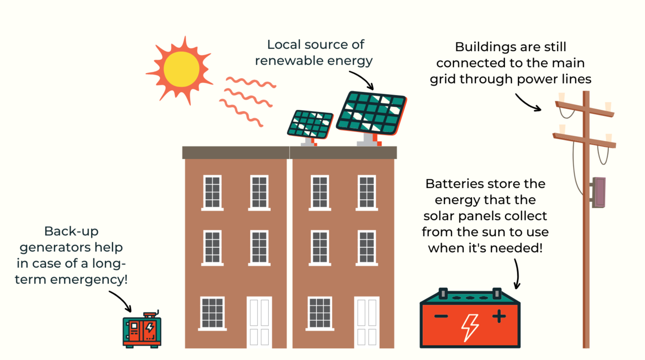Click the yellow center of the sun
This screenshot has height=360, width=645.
tap(181, 69)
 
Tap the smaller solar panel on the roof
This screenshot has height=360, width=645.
tap(310, 124)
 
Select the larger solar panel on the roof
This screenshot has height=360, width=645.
tap(371, 113)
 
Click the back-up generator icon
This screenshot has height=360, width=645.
tap(142, 330)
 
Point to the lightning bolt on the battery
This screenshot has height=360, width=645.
tap(470, 327)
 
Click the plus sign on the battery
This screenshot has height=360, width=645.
tap(499, 316)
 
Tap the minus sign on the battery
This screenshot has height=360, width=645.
tap(441, 316)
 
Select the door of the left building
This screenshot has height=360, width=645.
tap(259, 322)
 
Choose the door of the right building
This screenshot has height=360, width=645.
tap(366, 322)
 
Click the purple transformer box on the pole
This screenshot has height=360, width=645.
tap(599, 192)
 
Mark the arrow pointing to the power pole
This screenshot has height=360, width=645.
tap(527, 103)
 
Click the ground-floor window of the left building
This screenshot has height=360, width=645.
tap(212, 313)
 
